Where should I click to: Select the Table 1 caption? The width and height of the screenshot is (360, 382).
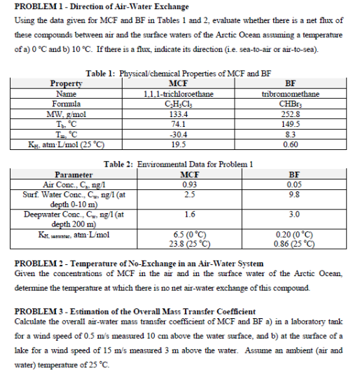(177, 72)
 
